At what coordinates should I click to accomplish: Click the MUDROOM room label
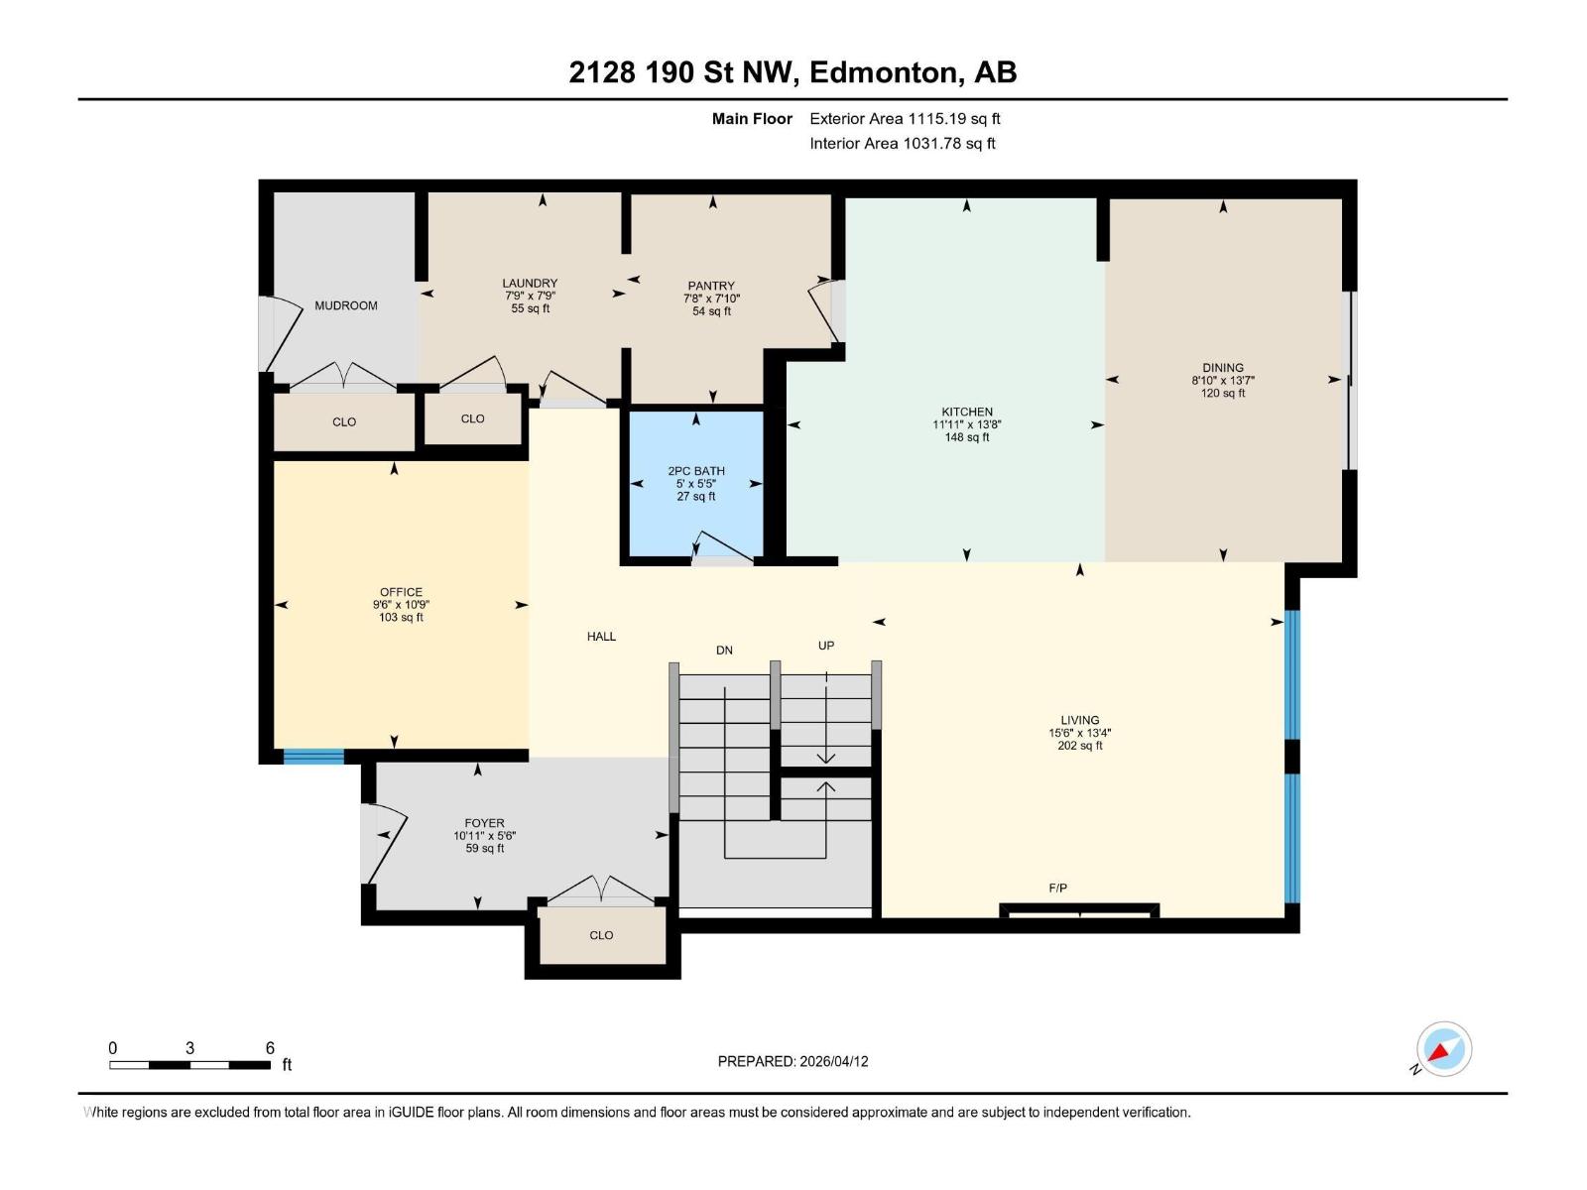click(x=345, y=305)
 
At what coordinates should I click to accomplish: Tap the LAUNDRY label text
click(x=530, y=284)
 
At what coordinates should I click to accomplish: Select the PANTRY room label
click(x=711, y=287)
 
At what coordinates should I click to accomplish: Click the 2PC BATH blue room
click(x=695, y=483)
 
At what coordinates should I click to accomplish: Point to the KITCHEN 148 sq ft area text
click(x=967, y=437)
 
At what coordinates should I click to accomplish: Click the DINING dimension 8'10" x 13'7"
click(x=1223, y=380)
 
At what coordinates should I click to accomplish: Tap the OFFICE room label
click(x=401, y=592)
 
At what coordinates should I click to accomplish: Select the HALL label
click(x=601, y=637)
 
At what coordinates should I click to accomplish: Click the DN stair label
click(x=724, y=651)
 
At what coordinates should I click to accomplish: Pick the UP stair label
click(x=825, y=646)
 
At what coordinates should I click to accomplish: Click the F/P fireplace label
click(x=1057, y=888)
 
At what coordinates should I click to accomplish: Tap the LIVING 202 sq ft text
click(x=1079, y=746)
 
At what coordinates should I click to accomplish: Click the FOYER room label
click(x=484, y=823)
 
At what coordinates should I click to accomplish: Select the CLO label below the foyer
click(x=601, y=935)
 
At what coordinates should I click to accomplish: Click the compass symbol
click(x=1443, y=1049)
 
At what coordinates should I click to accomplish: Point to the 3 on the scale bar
click(x=190, y=1047)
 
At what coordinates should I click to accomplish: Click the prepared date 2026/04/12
click(x=833, y=1061)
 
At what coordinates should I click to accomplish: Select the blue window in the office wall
click(x=313, y=757)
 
